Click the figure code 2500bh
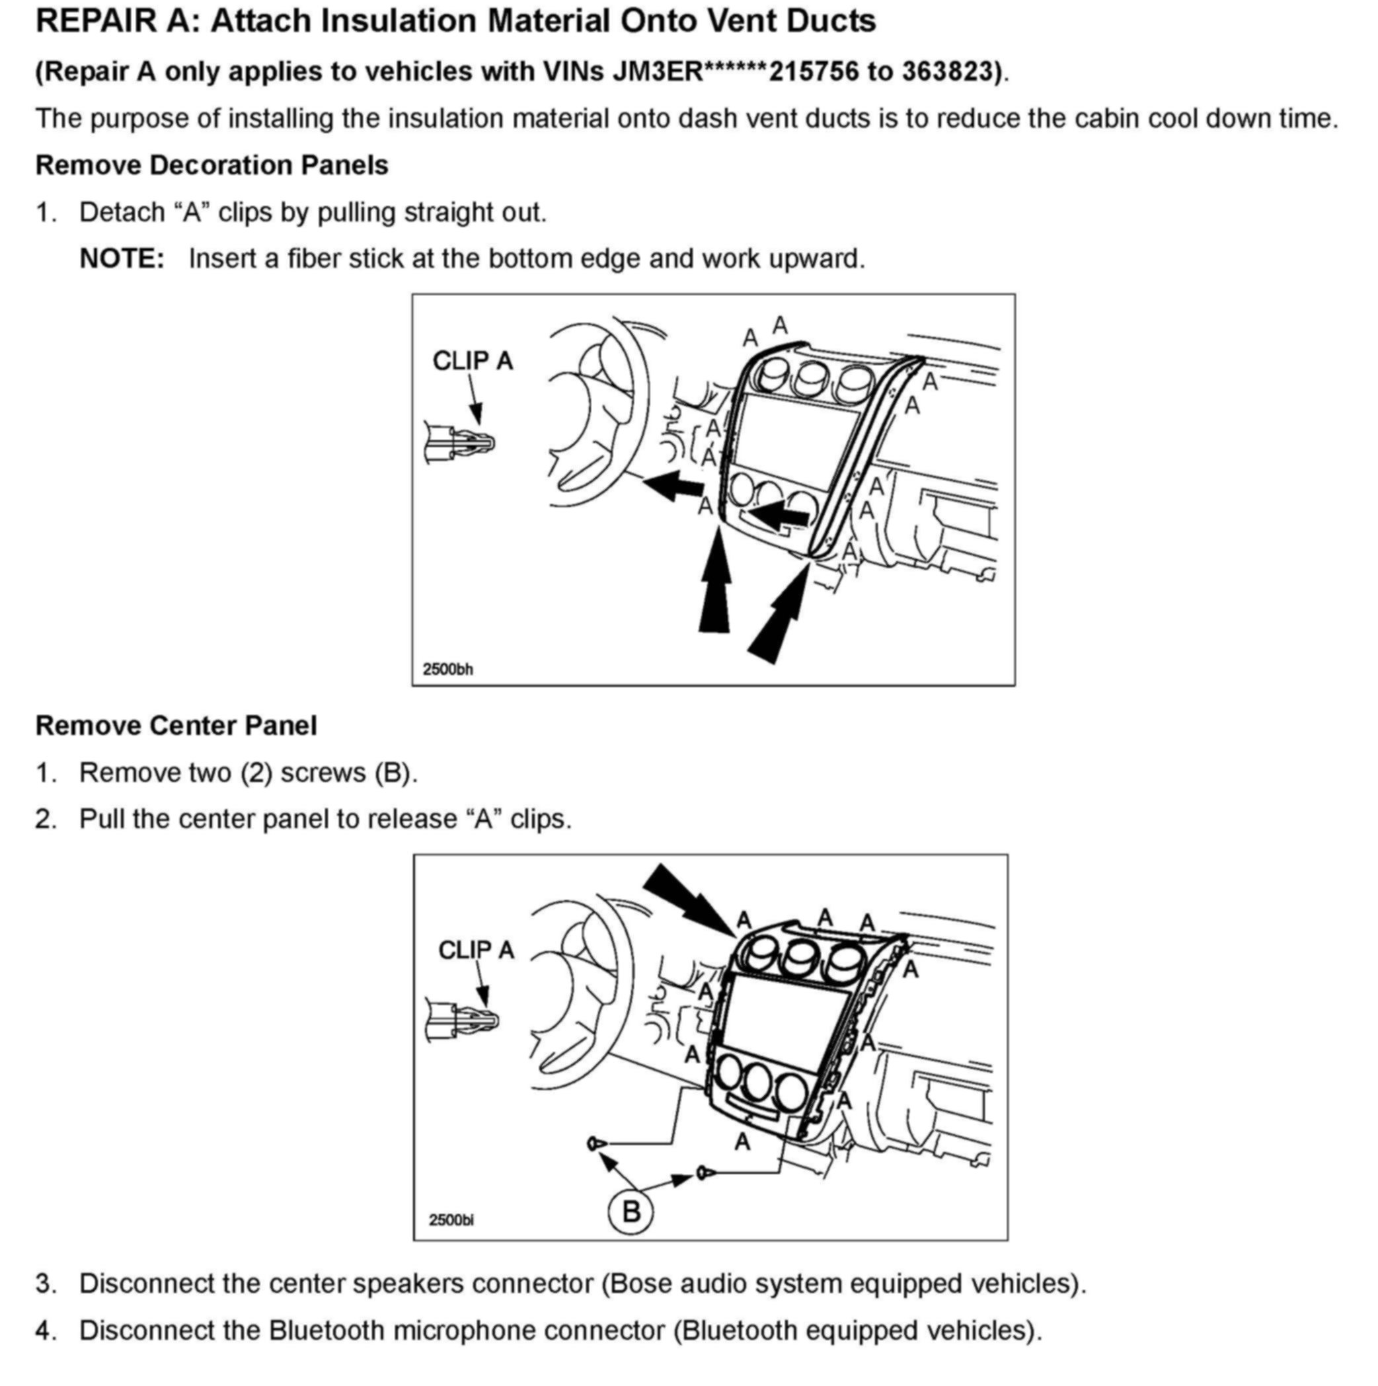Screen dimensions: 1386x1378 pyautogui.click(x=447, y=670)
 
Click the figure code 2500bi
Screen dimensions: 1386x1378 pyautogui.click(x=451, y=1219)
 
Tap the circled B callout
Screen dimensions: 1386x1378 pyautogui.click(x=631, y=1212)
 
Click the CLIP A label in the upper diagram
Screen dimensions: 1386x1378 pyautogui.click(x=473, y=361)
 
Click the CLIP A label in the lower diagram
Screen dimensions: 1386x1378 pyautogui.click(x=477, y=950)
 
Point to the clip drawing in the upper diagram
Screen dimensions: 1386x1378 pyautogui.click(x=459, y=443)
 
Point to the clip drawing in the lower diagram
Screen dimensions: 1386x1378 pyautogui.click(x=462, y=1020)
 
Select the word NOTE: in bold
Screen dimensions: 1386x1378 pyautogui.click(x=122, y=259)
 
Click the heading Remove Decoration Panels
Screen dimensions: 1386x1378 pyautogui.click(x=211, y=166)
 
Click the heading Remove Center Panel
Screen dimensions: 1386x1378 pyautogui.click(x=176, y=726)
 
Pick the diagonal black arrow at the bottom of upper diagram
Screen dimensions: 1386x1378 pyautogui.click(x=779, y=617)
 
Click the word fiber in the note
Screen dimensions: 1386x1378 pyautogui.click(x=314, y=259)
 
